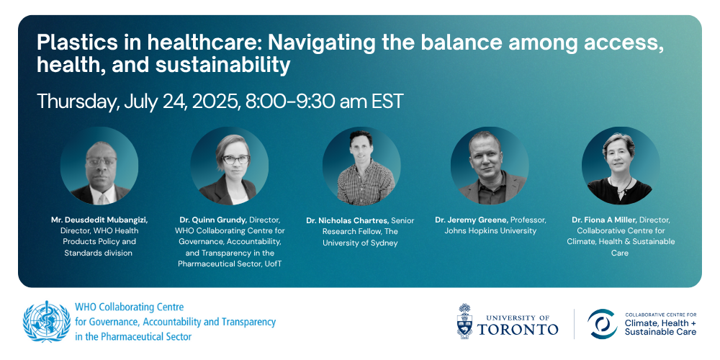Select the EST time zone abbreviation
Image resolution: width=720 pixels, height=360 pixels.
(x=386, y=102)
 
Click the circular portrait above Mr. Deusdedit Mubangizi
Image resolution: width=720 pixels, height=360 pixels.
(x=99, y=166)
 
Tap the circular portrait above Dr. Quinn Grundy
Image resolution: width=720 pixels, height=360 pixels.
(x=230, y=166)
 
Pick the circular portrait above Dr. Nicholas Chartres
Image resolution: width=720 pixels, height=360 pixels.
(x=361, y=166)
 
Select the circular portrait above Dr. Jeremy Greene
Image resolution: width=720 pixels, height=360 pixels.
(x=490, y=166)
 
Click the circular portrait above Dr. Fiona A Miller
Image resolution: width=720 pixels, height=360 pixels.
(x=621, y=166)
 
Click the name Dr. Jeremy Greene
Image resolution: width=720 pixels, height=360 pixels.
(x=470, y=220)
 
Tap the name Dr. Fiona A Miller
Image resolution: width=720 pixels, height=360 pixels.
(x=604, y=220)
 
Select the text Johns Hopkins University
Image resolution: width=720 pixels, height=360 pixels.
(x=490, y=231)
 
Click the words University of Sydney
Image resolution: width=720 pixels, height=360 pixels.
(x=360, y=243)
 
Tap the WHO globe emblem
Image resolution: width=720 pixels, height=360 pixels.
(x=46, y=321)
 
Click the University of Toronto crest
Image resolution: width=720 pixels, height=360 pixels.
(x=464, y=321)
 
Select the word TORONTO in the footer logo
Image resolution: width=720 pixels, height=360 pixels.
(x=518, y=329)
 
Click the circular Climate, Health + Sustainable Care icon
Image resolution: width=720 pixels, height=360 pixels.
(x=603, y=324)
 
